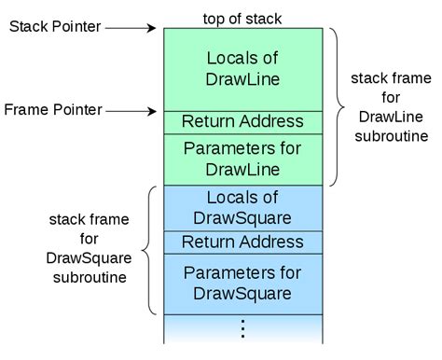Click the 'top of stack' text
click(242, 18)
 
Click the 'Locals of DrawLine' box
click(242, 68)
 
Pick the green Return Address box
click(242, 121)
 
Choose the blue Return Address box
click(242, 242)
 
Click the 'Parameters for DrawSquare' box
click(242, 283)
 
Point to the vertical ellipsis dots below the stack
click(242, 328)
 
